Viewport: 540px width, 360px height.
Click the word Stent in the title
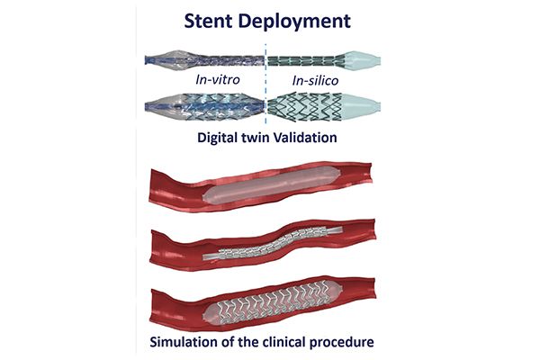(209, 21)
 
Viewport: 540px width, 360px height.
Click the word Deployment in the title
(294, 22)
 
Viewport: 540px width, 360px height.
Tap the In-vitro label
(218, 80)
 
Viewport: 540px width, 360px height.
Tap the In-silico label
(315, 81)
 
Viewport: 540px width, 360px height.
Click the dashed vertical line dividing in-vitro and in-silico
(265, 84)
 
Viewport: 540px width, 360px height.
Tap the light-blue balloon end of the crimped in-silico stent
(362, 60)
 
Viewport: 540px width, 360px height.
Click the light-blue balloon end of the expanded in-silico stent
(360, 106)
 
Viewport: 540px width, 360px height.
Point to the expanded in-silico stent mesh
(305, 107)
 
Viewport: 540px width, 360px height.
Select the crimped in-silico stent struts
(306, 61)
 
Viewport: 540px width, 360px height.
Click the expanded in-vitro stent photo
(205, 107)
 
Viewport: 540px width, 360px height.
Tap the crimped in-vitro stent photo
(205, 60)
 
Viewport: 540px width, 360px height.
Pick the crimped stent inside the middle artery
(274, 243)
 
